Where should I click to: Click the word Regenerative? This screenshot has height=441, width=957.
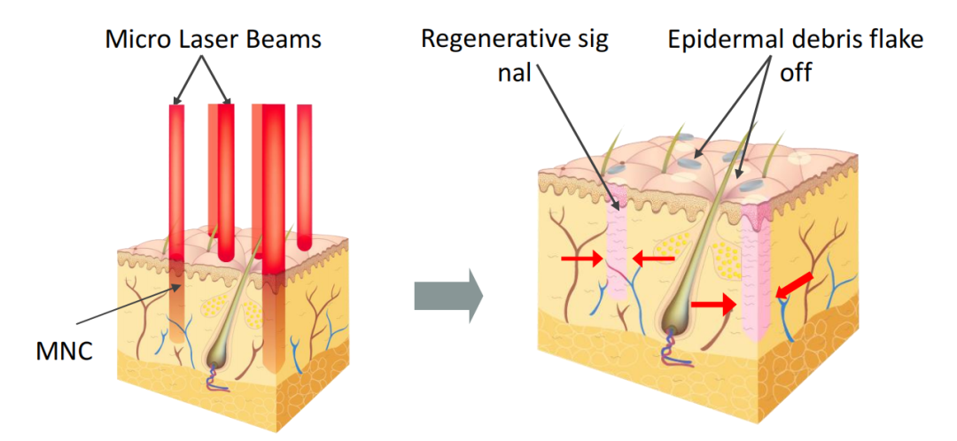click(x=490, y=40)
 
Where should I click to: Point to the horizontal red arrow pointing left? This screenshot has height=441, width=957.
click(x=653, y=259)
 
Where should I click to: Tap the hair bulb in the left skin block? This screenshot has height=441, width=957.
click(x=217, y=355)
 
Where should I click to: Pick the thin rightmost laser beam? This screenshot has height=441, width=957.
click(x=304, y=177)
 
